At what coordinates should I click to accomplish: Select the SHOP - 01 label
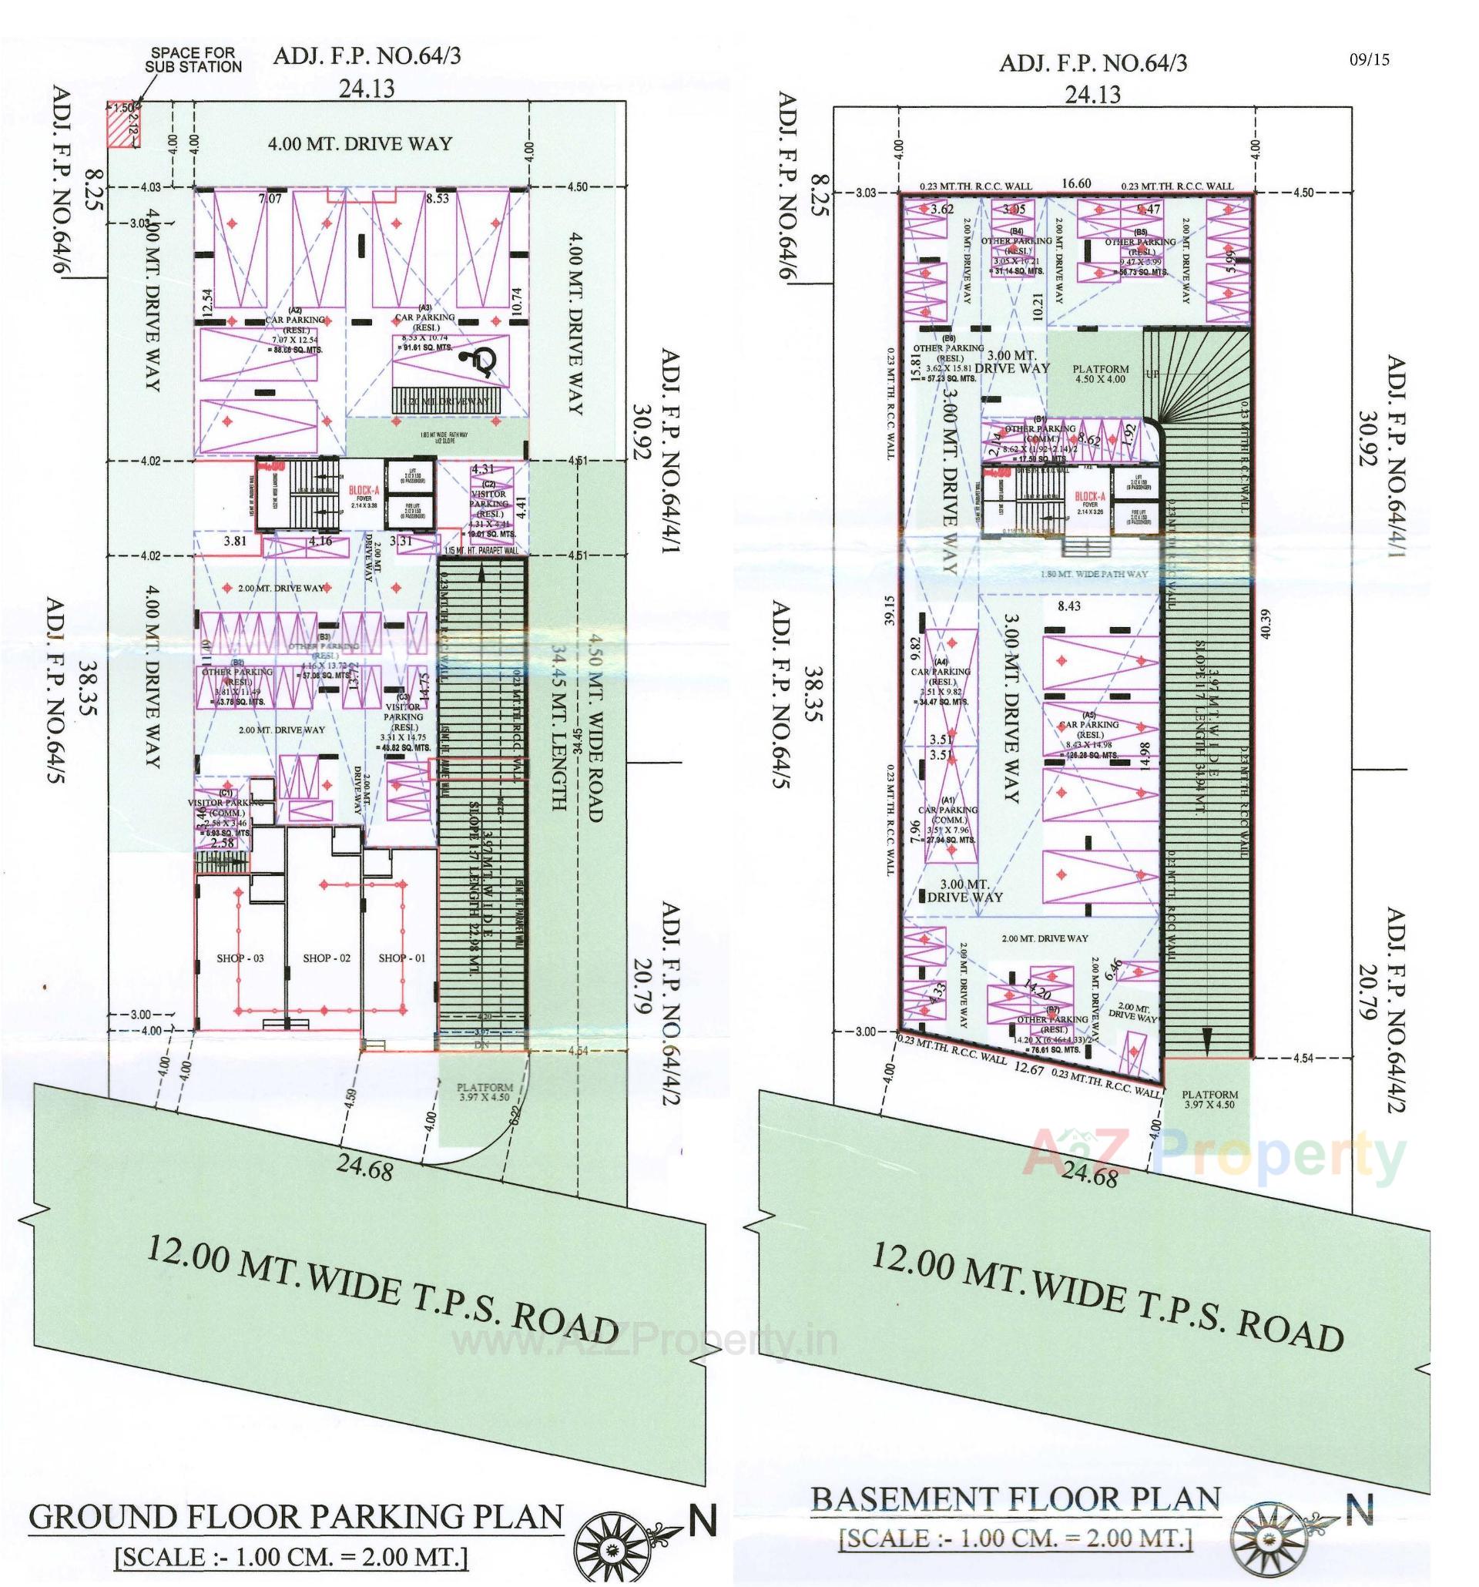[x=403, y=957]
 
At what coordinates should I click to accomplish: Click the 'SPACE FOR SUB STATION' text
[x=193, y=60]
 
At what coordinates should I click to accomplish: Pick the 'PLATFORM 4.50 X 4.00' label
[x=1101, y=374]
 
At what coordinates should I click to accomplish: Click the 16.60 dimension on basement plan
[x=1075, y=183]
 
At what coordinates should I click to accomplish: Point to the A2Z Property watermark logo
[x=1213, y=1153]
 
